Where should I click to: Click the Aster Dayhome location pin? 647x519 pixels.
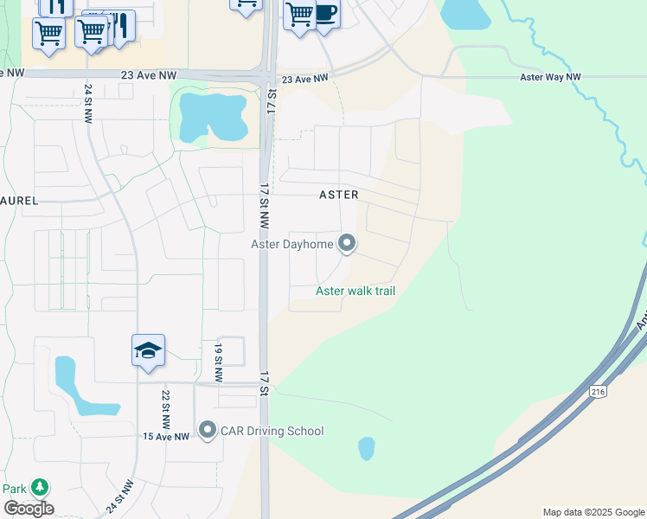click(347, 244)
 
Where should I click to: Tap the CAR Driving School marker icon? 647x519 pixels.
click(207, 430)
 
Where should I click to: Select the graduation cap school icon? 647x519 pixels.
click(148, 350)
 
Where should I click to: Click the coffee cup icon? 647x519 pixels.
click(325, 14)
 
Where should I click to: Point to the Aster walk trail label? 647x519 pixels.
click(356, 291)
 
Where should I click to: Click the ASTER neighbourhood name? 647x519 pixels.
click(338, 195)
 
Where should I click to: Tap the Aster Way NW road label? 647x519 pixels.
click(550, 77)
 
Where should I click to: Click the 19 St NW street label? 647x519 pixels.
click(218, 362)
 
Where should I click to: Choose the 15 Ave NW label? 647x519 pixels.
click(165, 437)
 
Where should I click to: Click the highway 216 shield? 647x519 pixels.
click(599, 391)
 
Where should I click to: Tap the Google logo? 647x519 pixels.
click(29, 509)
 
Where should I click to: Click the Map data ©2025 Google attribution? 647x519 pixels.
click(593, 512)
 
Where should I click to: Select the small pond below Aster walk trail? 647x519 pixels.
click(367, 448)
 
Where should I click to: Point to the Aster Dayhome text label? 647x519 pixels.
click(292, 245)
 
